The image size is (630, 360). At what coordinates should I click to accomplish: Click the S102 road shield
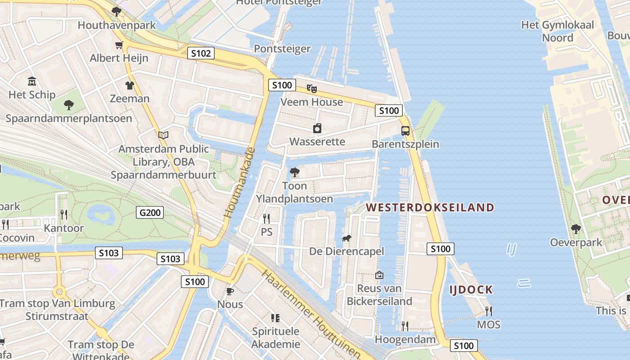[201, 54]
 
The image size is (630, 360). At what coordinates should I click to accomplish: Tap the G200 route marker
[150, 212]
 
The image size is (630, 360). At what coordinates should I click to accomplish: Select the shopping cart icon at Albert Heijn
[119, 45]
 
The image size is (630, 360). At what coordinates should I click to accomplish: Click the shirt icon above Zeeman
[130, 85]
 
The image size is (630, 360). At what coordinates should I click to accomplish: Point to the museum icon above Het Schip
[32, 81]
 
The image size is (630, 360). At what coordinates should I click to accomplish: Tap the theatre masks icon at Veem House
[311, 88]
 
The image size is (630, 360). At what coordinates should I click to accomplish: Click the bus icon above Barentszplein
[405, 131]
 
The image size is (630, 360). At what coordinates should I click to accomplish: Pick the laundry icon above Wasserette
[317, 128]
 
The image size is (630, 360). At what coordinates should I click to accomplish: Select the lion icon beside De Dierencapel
[346, 238]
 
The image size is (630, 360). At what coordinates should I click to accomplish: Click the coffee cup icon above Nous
[230, 291]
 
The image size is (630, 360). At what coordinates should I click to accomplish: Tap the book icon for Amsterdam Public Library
[163, 135]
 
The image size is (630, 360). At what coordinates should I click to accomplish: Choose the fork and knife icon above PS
[266, 219]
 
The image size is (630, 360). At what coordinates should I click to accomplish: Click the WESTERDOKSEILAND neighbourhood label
[430, 207]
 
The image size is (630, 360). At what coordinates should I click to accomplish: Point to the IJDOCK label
[471, 290]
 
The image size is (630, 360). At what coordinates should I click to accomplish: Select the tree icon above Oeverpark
[576, 229]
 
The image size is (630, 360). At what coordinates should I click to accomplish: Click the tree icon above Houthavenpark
[117, 12]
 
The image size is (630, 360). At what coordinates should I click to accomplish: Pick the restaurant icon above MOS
[488, 311]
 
